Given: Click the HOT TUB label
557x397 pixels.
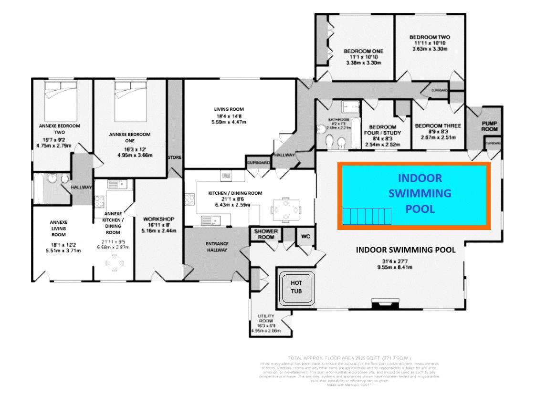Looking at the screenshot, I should tap(296, 287).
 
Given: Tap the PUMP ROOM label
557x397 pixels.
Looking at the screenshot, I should tap(489, 126).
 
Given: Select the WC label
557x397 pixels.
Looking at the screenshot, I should tap(305, 236).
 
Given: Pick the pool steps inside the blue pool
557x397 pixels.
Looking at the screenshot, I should tap(367, 217).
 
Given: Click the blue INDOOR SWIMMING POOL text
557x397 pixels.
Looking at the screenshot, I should tap(420, 193).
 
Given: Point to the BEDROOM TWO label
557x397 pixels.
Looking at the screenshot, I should tap(430, 37).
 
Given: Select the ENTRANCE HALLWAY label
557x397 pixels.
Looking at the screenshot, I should tap(217, 247).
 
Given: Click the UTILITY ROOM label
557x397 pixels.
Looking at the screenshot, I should tap(265, 319).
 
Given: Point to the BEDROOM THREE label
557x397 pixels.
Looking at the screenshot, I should tap(438, 126).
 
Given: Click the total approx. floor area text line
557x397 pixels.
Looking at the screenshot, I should tap(349, 358).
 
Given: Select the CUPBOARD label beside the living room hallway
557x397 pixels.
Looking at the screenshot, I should tap(258, 163).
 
